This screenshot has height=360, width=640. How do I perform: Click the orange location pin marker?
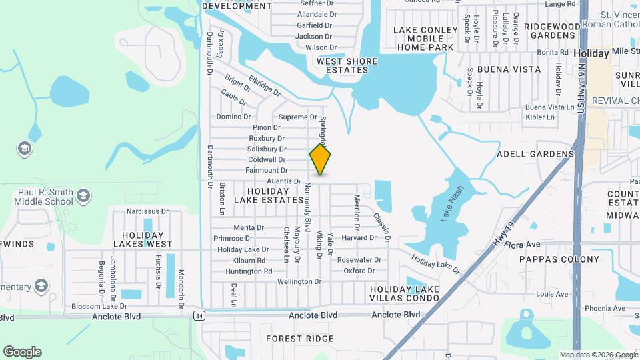click(x=320, y=159)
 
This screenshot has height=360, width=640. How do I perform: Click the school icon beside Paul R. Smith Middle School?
click(x=83, y=195)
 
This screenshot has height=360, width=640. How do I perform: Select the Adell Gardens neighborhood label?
click(x=535, y=154)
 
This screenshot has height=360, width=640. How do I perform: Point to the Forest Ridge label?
click(x=299, y=339)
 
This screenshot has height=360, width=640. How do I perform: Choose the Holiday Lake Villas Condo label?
click(x=404, y=293)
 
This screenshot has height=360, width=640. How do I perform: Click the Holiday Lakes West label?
click(x=143, y=239)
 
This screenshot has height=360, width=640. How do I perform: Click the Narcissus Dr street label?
click(x=144, y=211)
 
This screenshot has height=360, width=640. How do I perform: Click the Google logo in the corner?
click(x=22, y=352)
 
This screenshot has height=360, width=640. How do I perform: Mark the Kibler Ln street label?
click(x=540, y=117)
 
